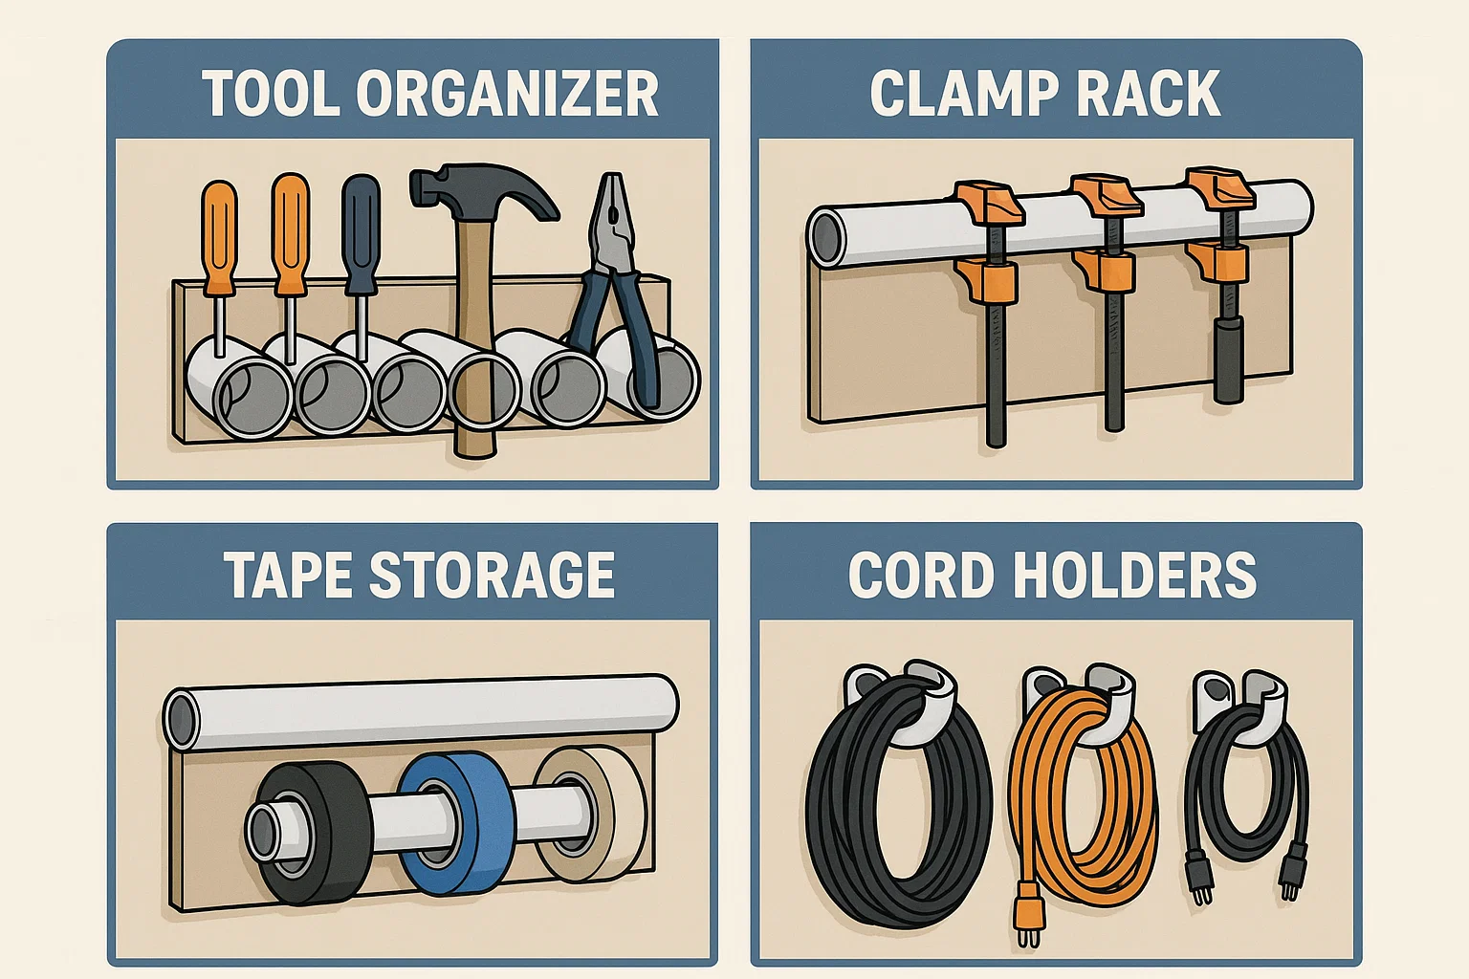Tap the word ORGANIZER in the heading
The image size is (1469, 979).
(x=507, y=94)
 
